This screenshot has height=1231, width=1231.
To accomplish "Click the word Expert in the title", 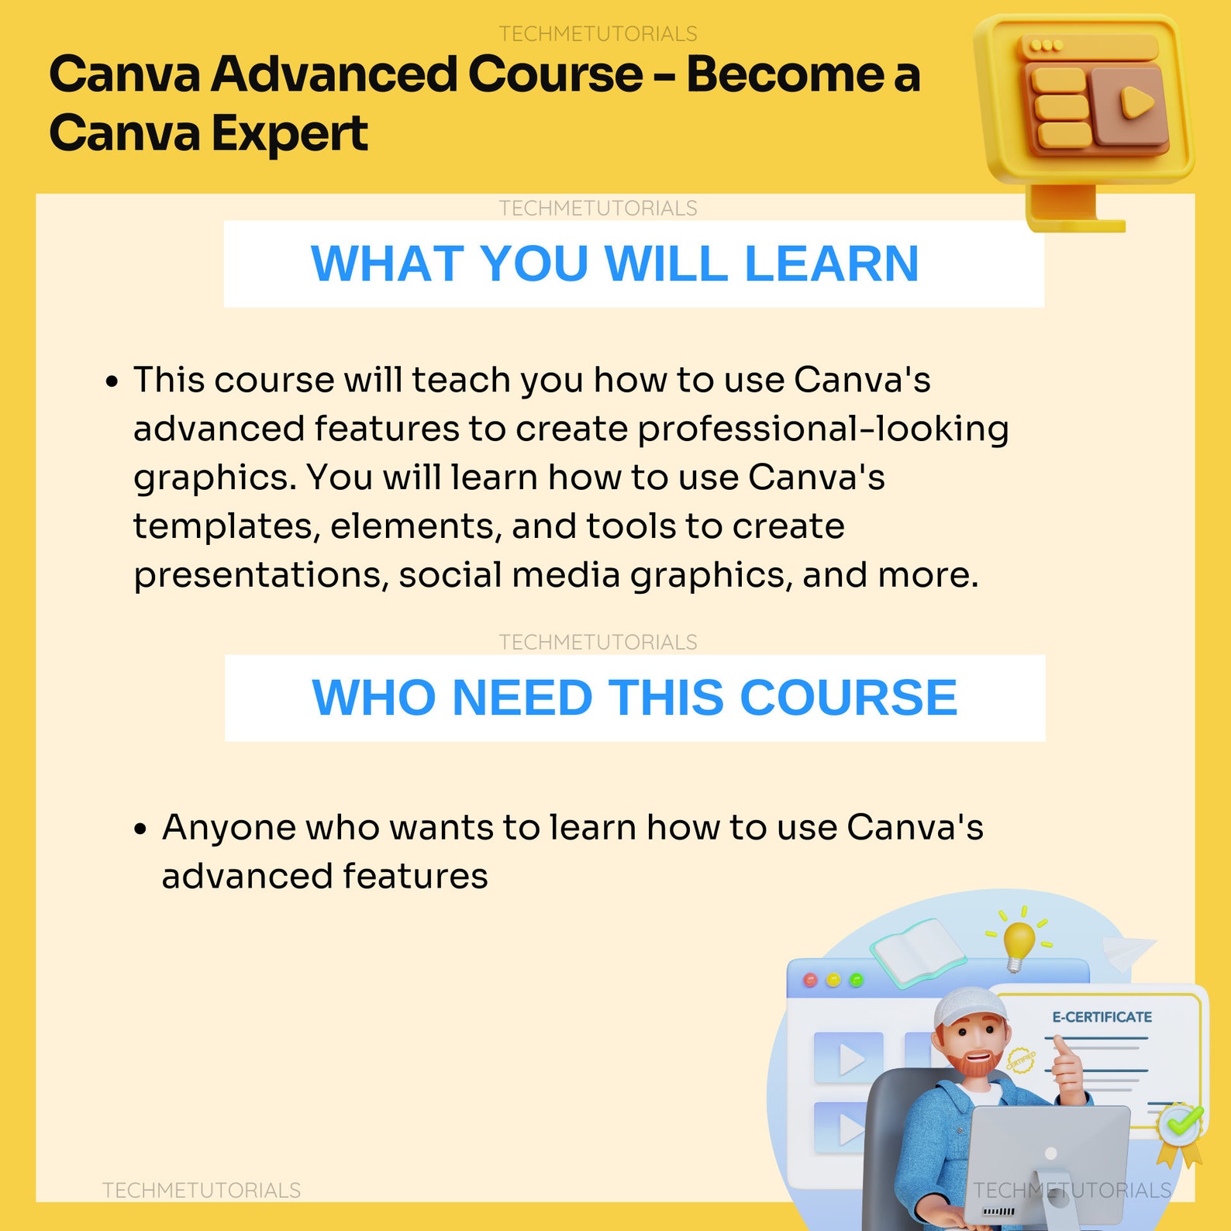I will click(289, 134).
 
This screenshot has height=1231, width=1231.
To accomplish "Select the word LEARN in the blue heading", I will click(831, 264).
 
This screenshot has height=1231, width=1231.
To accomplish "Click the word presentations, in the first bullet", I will click(260, 575).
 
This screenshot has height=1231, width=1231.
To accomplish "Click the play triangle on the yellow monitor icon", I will click(1136, 102).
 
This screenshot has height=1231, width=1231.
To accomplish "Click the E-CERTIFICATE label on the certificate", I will click(1102, 1017).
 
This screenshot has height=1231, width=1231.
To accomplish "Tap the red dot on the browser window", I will click(811, 981).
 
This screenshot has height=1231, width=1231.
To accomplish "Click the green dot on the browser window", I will click(857, 981).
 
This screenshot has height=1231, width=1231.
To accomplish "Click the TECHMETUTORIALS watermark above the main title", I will click(598, 34).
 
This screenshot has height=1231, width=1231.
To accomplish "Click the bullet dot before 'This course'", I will click(113, 381).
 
